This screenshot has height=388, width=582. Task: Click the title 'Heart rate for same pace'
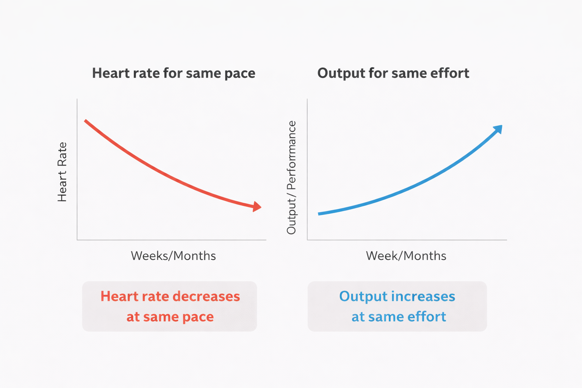tap(174, 73)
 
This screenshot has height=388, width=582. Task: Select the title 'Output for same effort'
tap(393, 73)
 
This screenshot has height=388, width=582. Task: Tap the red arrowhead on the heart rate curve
tap(257, 207)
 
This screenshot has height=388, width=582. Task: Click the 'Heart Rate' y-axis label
tap(62, 172)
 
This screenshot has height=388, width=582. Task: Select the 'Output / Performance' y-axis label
tap(291, 177)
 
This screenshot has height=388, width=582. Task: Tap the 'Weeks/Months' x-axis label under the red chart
tap(173, 256)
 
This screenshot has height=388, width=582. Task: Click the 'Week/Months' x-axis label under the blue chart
tap(406, 256)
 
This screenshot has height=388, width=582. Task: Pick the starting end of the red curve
tap(86, 121)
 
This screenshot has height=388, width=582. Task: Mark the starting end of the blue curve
tap(319, 214)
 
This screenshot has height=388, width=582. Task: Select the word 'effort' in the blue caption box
tap(427, 316)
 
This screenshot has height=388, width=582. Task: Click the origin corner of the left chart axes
tap(77, 239)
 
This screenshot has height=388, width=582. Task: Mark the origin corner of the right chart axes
tap(307, 239)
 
